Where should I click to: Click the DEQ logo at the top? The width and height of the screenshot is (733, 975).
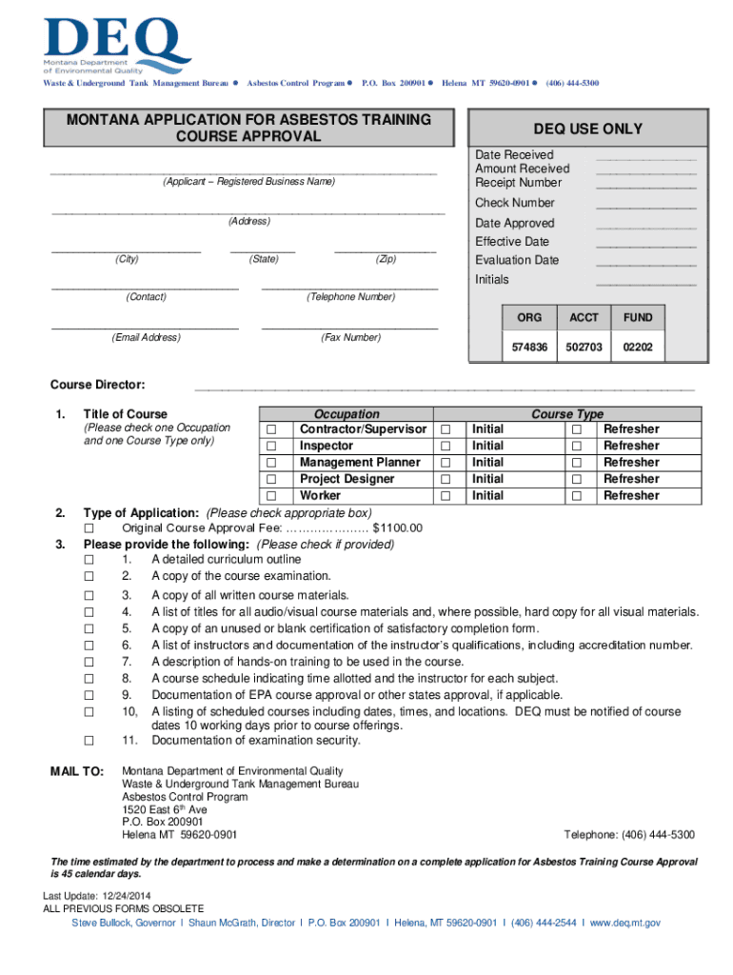[x=114, y=43]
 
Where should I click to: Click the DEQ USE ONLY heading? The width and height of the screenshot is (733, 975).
[x=587, y=129]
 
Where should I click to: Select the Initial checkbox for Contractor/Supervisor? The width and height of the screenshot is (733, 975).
[x=445, y=429]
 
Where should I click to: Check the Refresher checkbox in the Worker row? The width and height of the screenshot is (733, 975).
[x=576, y=496]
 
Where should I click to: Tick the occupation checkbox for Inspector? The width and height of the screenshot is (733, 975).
[x=271, y=446]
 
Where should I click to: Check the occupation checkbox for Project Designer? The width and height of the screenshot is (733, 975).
[x=271, y=479]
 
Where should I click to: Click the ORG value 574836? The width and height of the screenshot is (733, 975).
[x=530, y=348]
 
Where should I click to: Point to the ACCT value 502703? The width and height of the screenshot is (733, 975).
[x=584, y=348]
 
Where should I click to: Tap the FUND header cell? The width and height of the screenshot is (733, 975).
[x=638, y=317]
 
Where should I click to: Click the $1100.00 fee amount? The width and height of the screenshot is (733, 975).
[x=397, y=528]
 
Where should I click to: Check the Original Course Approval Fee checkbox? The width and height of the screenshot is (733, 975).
[x=89, y=528]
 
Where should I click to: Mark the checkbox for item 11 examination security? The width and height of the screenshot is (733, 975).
[x=89, y=741]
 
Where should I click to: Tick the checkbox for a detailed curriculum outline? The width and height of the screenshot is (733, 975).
[x=89, y=560]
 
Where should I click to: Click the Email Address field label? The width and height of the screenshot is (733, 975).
[x=146, y=337]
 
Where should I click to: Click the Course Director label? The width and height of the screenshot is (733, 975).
[x=97, y=385]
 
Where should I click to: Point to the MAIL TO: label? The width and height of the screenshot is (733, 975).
[x=76, y=771]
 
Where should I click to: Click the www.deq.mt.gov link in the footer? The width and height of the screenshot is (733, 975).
[x=624, y=923]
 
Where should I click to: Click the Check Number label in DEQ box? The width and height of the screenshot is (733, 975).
[x=514, y=203]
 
